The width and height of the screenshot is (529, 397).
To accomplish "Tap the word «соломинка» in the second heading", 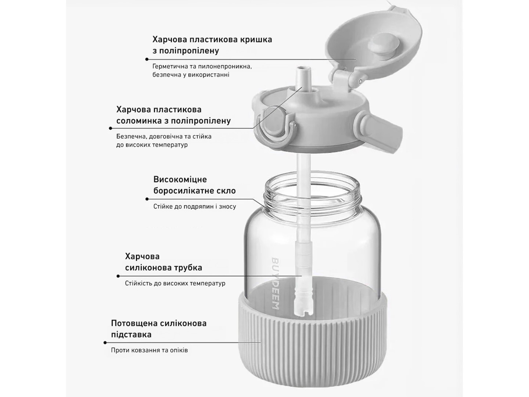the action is point(138,121).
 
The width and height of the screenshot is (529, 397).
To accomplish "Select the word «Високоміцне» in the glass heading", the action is point(180,180).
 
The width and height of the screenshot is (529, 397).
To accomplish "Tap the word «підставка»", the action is point(131,335).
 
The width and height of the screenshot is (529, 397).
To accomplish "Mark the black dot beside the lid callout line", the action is point(147,59).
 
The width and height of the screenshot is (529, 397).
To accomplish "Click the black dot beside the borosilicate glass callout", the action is point(147,199).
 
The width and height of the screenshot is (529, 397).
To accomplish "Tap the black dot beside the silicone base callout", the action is point(105,343).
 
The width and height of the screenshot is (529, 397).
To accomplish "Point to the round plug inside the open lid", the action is point(383,46).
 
